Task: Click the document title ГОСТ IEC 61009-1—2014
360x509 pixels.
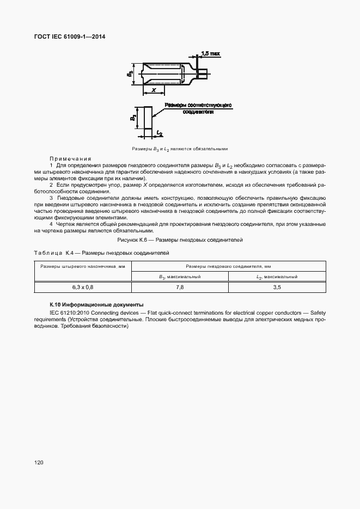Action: pos(71,37)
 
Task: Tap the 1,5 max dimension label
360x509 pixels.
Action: pos(210,53)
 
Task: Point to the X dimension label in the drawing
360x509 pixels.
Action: pos(154,90)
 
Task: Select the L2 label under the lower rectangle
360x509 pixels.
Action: pos(159,132)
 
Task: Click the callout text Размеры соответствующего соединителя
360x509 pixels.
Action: pos(198,107)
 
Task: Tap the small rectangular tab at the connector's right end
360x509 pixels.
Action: pos(202,71)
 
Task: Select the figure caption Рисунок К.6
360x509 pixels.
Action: pos(180,240)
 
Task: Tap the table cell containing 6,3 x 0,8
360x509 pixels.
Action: pos(83,287)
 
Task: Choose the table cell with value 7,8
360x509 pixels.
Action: pos(180,287)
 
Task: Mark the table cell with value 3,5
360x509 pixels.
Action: pos(277,287)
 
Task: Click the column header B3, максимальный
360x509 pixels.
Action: pos(180,277)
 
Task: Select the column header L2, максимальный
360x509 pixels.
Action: pos(277,277)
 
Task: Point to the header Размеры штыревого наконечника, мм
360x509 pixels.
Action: pos(83,266)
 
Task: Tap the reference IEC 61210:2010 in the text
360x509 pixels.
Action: pos(68,314)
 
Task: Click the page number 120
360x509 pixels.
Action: pos(38,463)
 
